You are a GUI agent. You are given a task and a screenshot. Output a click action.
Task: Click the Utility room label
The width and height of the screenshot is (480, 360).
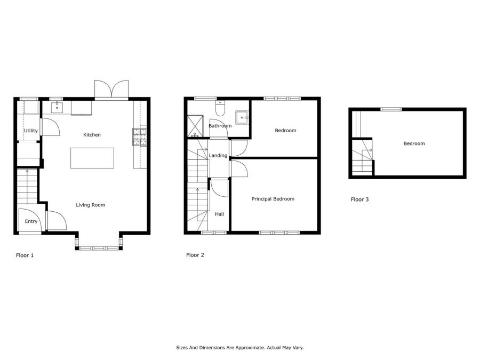click(31, 131)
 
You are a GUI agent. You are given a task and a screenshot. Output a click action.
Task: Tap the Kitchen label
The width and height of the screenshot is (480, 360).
click(92, 135)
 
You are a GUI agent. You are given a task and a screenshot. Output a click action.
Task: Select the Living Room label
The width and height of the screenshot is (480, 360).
click(91, 205)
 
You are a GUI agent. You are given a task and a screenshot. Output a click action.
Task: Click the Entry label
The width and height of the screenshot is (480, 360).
click(31, 221)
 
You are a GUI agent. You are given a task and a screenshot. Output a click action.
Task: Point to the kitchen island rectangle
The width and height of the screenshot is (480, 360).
click(92, 158)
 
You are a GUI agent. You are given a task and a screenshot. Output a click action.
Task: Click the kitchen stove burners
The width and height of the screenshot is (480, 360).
click(139, 137)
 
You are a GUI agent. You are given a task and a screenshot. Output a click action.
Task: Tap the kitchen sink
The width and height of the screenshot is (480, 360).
click(57, 108)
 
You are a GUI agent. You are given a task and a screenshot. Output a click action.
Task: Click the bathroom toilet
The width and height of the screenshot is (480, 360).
click(220, 108)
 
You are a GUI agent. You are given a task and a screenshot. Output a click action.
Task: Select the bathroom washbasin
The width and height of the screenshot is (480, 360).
click(242, 117)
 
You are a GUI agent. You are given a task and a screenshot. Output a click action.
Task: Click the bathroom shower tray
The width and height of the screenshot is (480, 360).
click(195, 126)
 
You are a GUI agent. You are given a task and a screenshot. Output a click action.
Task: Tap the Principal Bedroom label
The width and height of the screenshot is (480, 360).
click(273, 199)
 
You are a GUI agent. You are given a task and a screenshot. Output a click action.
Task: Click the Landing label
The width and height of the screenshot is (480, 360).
click(218, 156)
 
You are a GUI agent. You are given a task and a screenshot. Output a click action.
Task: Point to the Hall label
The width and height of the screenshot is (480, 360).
click(219, 214)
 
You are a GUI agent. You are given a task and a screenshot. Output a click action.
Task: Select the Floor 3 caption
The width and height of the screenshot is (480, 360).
click(359, 199)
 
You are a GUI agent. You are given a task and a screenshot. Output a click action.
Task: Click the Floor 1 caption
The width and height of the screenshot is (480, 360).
click(25, 255)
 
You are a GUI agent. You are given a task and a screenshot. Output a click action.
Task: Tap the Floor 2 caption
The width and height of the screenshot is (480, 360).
click(195, 255)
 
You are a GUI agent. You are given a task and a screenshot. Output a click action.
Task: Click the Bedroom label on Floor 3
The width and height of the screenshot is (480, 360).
click(414, 143)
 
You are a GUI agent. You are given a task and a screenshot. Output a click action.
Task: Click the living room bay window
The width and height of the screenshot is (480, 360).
click(99, 248)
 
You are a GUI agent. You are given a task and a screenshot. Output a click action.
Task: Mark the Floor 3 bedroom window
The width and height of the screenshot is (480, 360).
click(391, 109)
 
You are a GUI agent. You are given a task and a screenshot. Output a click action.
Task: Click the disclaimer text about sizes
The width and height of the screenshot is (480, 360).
click(240, 348)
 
